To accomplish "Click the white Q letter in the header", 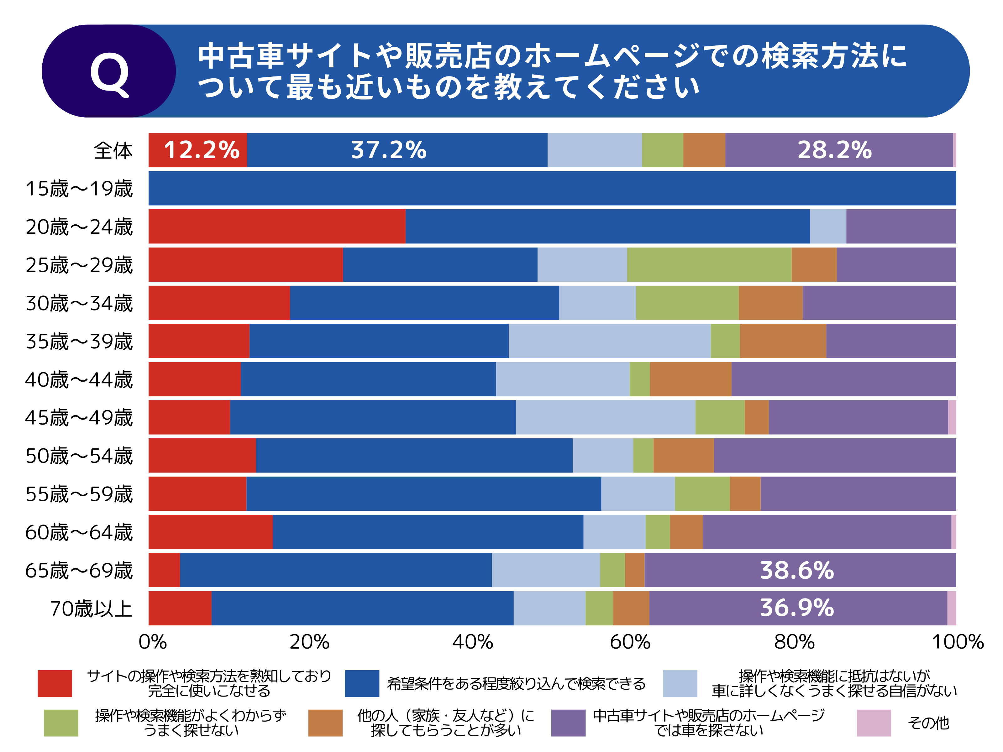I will (109, 72).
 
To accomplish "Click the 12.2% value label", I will (201, 150).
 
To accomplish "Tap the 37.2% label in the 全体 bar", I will (389, 150).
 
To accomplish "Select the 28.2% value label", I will (834, 150).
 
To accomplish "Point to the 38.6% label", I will (797, 570).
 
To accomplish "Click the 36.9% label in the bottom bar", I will (797, 608).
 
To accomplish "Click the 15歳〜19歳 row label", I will (79, 189).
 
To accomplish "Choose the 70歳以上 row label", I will (91, 608).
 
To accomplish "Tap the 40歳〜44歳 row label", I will (79, 379).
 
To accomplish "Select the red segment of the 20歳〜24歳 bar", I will (276, 227).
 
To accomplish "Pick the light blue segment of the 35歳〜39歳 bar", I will (609, 341).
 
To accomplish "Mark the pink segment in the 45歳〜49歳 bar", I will (952, 417).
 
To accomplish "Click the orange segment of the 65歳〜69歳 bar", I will (634, 570).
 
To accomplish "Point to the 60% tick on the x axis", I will (630, 642).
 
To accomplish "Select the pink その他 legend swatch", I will (873, 723).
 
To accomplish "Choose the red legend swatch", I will (55, 683).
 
